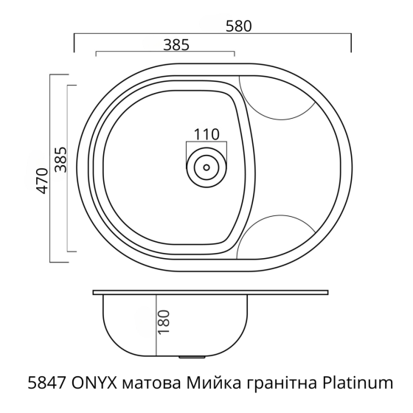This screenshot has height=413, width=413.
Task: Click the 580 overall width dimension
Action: (x=240, y=24)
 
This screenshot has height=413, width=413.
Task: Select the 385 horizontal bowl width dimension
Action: (x=176, y=44)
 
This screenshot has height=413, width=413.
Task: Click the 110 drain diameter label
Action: (x=207, y=134)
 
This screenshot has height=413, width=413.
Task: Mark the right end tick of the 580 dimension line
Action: (x=350, y=43)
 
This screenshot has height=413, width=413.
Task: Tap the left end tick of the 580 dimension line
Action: (x=74, y=43)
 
